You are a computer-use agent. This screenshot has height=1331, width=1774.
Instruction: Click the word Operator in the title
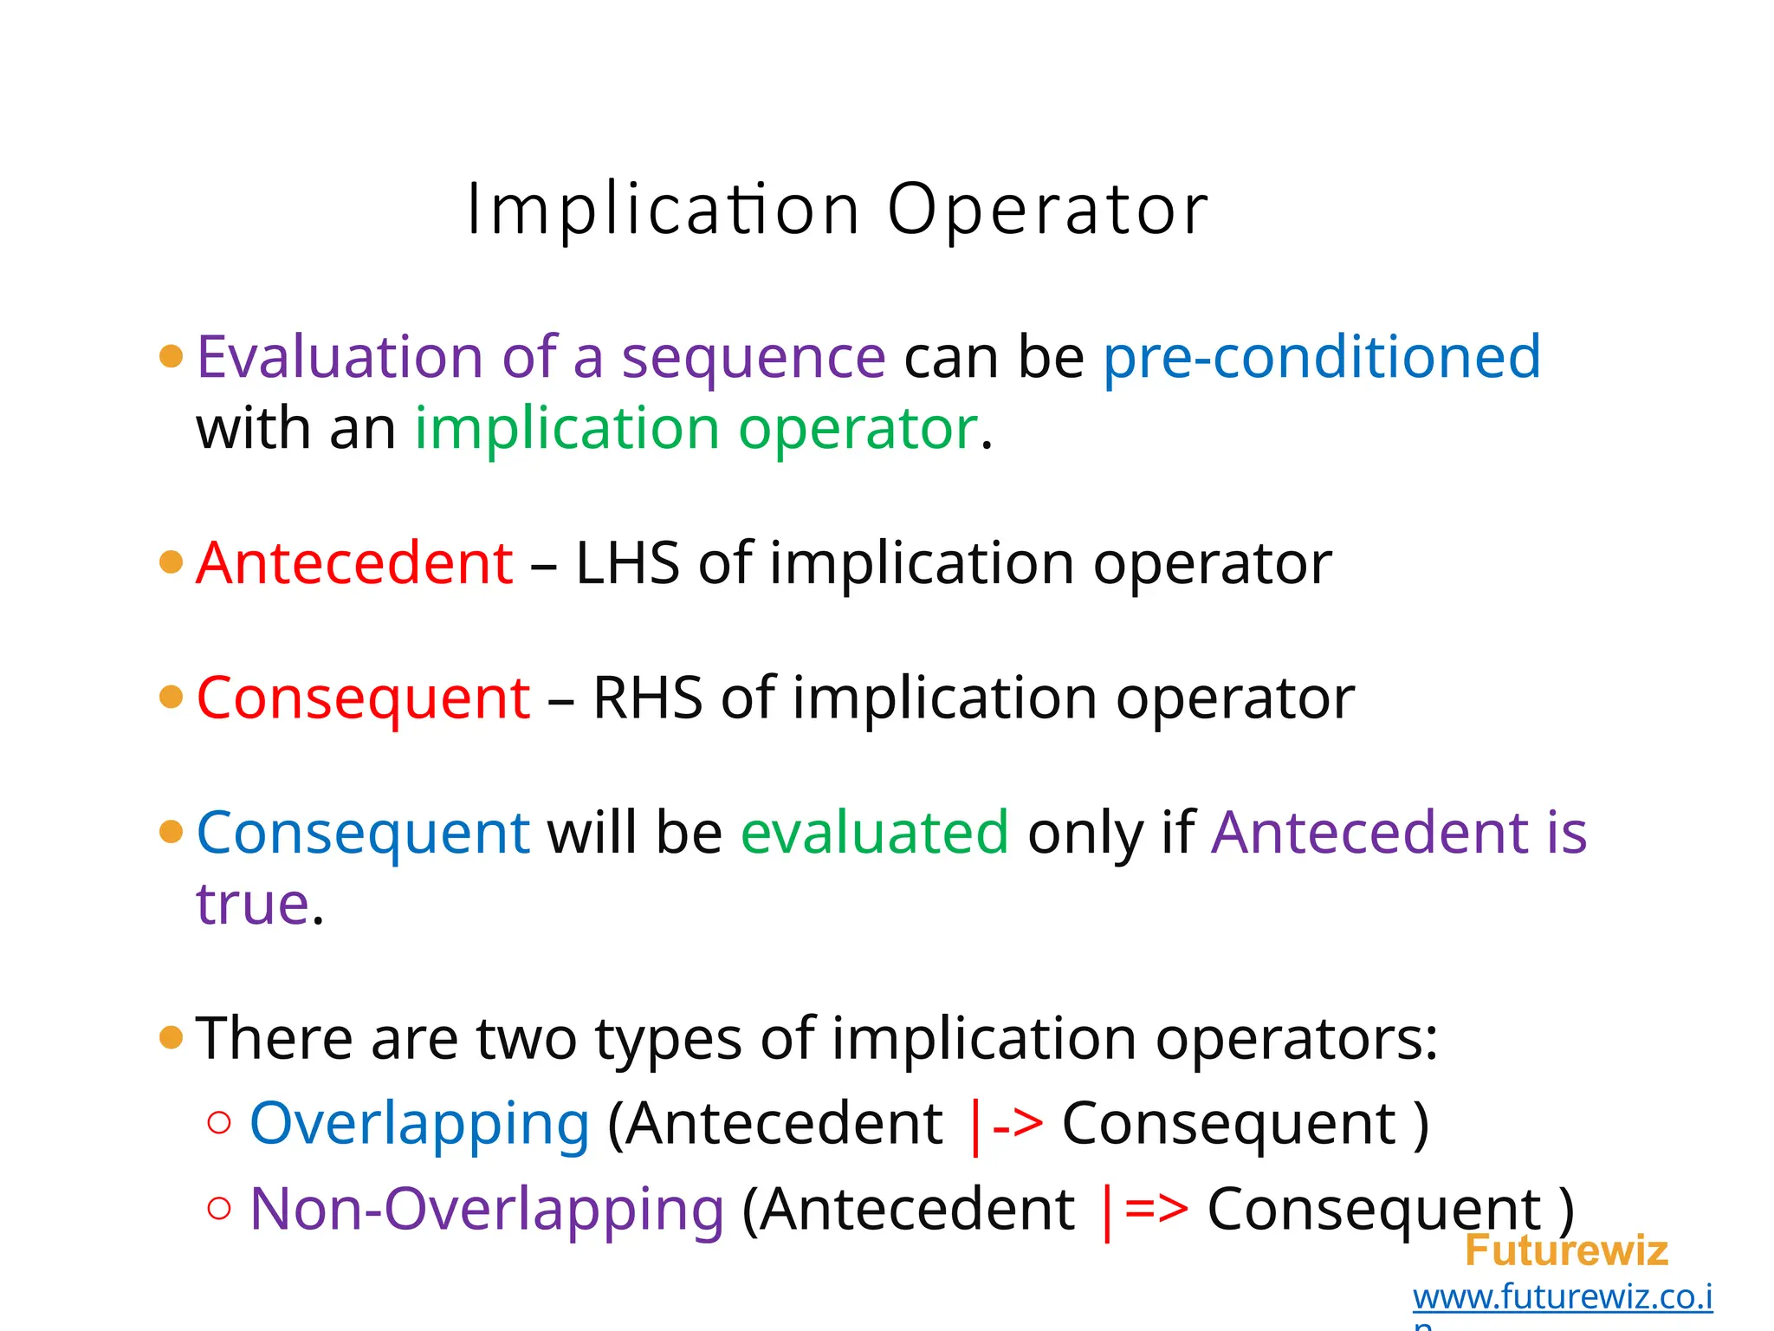click(x=1047, y=210)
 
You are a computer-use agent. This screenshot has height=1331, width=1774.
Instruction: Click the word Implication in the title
click(x=664, y=210)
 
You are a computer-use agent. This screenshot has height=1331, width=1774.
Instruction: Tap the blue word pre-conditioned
click(x=1322, y=357)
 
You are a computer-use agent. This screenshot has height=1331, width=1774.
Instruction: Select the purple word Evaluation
click(x=339, y=357)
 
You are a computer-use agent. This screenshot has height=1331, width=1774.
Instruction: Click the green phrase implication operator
click(x=696, y=429)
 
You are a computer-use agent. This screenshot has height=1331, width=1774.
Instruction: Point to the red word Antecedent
click(x=355, y=563)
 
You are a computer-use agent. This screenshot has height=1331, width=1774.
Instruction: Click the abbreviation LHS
click(x=627, y=563)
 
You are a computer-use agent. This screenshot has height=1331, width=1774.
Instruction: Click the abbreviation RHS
click(x=647, y=698)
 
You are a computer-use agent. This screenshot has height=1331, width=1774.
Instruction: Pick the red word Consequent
click(x=363, y=698)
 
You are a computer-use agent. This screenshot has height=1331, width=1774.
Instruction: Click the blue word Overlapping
click(x=419, y=1124)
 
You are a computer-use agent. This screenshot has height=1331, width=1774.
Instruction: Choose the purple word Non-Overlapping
click(x=487, y=1209)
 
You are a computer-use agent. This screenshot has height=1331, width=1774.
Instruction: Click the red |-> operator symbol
click(x=1005, y=1125)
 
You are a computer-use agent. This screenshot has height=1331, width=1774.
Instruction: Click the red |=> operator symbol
click(x=1143, y=1210)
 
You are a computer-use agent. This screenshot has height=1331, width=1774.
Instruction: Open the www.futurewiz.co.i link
click(x=1562, y=1297)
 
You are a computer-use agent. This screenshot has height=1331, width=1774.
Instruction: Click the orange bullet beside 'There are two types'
click(x=172, y=1037)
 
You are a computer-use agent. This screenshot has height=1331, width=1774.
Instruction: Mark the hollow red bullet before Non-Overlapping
click(x=220, y=1208)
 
